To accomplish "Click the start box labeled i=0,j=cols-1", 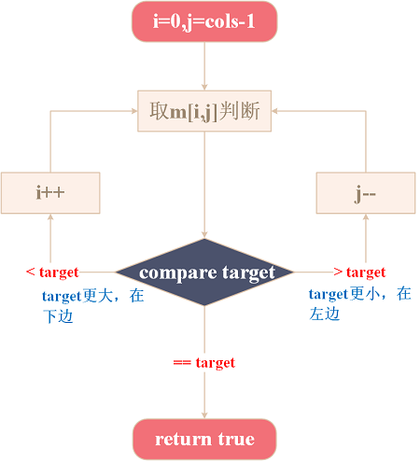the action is [204, 21].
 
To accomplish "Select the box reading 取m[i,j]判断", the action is [204, 111].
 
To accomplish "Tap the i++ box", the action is [50, 193].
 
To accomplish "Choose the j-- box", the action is [366, 193].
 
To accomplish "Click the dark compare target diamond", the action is [204, 272].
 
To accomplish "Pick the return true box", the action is [204, 440].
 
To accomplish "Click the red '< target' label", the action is [52, 272].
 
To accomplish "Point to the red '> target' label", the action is [359, 272].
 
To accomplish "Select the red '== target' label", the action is [204, 363].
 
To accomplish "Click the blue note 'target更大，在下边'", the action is [92, 306].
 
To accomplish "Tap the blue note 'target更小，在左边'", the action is [360, 303].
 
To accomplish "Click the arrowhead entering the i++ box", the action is [50, 217].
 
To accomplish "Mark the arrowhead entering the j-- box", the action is [366, 217].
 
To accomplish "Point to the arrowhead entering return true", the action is [204, 415].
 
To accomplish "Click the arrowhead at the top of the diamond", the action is [204, 235].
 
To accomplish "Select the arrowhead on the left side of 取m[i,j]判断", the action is [134, 111].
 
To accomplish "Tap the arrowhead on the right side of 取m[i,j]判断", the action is [275, 111].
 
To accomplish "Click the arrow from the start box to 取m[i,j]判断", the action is [204, 66].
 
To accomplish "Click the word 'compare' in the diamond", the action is [178, 273].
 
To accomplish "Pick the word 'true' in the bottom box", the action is [236, 440].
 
